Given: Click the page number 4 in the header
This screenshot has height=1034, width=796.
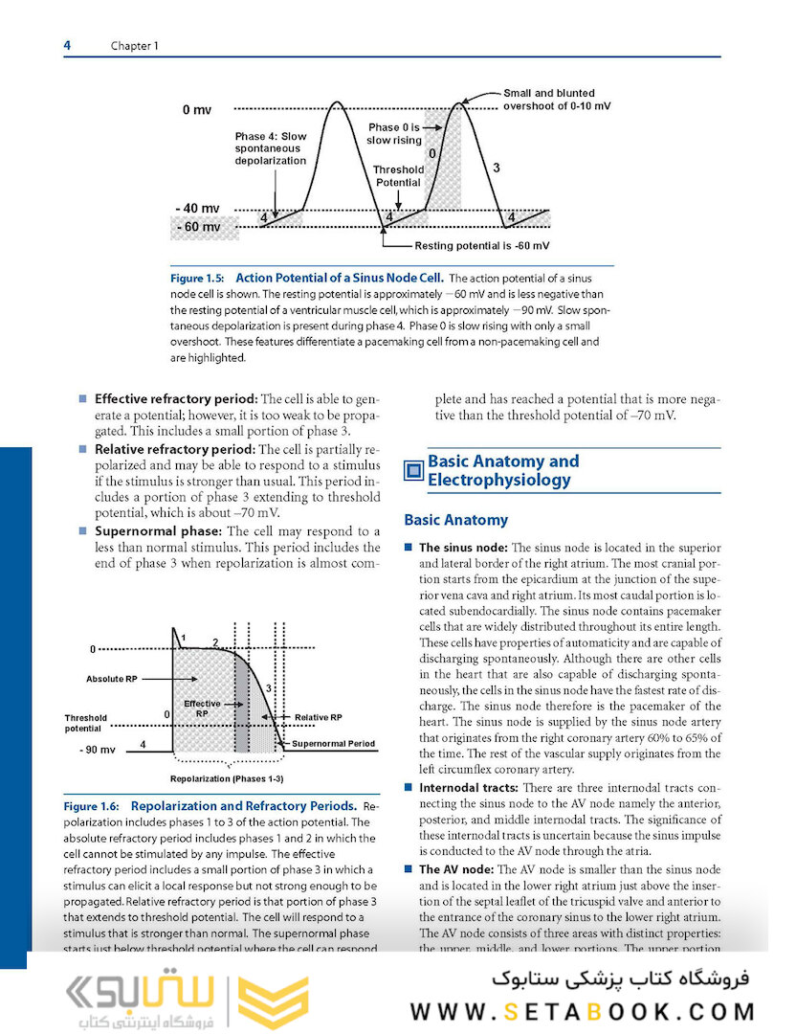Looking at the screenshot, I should (67, 45).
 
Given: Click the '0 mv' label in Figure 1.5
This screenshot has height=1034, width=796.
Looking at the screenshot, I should (197, 110).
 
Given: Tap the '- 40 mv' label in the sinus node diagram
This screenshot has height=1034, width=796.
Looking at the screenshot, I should (197, 208).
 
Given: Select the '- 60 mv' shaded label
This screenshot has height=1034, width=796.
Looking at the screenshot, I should (198, 227).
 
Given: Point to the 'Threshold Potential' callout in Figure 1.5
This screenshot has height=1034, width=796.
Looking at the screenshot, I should (398, 176).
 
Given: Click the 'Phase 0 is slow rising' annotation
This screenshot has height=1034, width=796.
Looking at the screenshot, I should (394, 133).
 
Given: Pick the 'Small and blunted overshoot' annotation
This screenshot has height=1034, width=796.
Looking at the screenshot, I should (557, 100).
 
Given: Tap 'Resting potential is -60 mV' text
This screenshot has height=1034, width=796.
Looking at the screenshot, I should (482, 246).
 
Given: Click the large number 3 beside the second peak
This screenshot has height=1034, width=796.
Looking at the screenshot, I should (496, 169).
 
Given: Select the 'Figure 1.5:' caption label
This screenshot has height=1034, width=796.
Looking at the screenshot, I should (198, 279).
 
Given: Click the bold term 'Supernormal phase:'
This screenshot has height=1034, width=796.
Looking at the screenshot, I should (158, 530).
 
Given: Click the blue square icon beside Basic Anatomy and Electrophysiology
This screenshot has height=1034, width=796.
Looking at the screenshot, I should (413, 470).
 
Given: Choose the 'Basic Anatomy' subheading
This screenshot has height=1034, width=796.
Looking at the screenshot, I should (455, 520).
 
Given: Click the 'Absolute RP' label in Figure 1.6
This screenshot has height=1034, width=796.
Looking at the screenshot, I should (112, 679).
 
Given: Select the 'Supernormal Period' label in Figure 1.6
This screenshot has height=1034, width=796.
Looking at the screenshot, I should (333, 743).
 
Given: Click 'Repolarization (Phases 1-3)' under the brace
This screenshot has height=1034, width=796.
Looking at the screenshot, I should (227, 778).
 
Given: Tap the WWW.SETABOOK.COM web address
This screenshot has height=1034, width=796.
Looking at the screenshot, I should (584, 1011).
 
